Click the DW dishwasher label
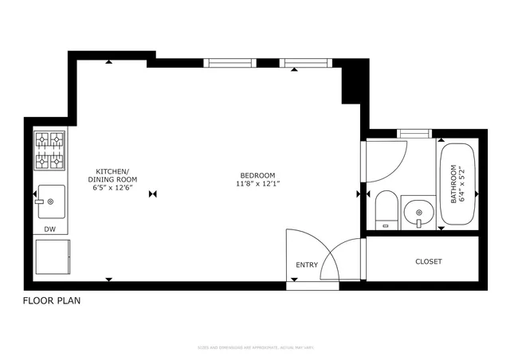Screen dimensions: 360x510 coord(49,229)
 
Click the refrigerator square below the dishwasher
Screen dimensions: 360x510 coord(53,256)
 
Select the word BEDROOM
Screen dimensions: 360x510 coord(257,175)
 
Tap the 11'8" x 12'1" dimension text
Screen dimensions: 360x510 coord(257,184)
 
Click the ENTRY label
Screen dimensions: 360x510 coord(307,265)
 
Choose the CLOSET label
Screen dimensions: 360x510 coord(428,261)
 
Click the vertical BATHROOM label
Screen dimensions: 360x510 coord(455,184)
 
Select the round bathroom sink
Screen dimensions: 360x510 coord(418,213)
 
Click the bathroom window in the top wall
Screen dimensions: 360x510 coord(414,132)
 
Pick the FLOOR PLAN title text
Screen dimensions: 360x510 coord(51,301)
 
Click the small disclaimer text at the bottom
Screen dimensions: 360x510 coord(254,348)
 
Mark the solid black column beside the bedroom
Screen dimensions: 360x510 coord(351,84)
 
